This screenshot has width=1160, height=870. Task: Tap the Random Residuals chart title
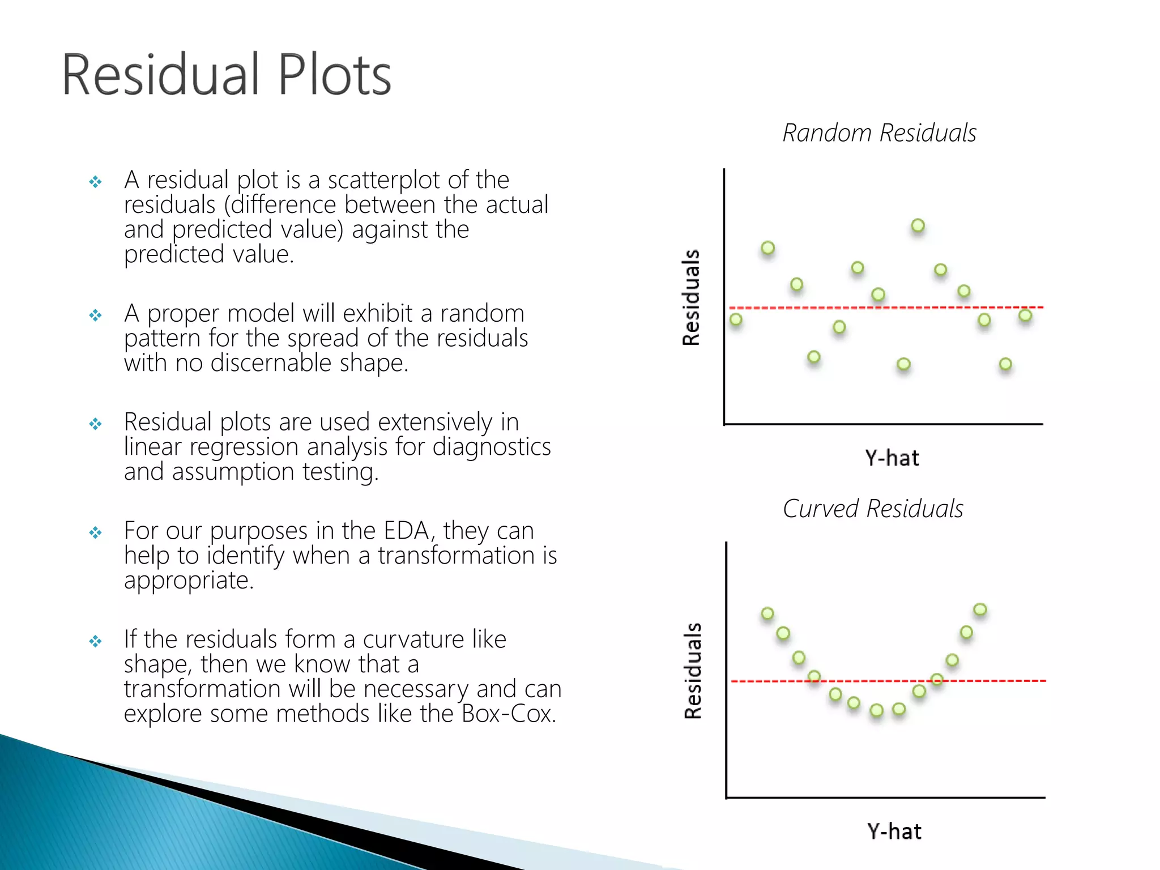[x=879, y=133]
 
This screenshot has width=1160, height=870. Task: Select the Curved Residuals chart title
[x=873, y=509]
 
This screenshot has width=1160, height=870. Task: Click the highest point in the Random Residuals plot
[x=918, y=225]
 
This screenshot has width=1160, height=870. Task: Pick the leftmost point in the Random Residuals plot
[x=736, y=319]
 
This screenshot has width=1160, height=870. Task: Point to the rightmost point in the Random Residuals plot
[x=1025, y=315]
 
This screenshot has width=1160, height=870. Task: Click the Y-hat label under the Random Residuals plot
[x=892, y=458]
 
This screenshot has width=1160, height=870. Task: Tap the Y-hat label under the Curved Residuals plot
[x=894, y=831]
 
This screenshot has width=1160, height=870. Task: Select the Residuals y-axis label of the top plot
[x=691, y=297]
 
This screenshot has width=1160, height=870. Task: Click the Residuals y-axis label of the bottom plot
[x=693, y=671]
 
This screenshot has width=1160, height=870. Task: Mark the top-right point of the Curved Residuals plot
[x=980, y=609]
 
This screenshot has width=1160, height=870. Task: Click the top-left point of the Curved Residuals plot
[x=767, y=613]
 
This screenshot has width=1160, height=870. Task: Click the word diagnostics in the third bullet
[x=491, y=447]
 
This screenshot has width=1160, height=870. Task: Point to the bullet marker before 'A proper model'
[x=95, y=315]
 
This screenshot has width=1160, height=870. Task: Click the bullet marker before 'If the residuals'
[x=95, y=641]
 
